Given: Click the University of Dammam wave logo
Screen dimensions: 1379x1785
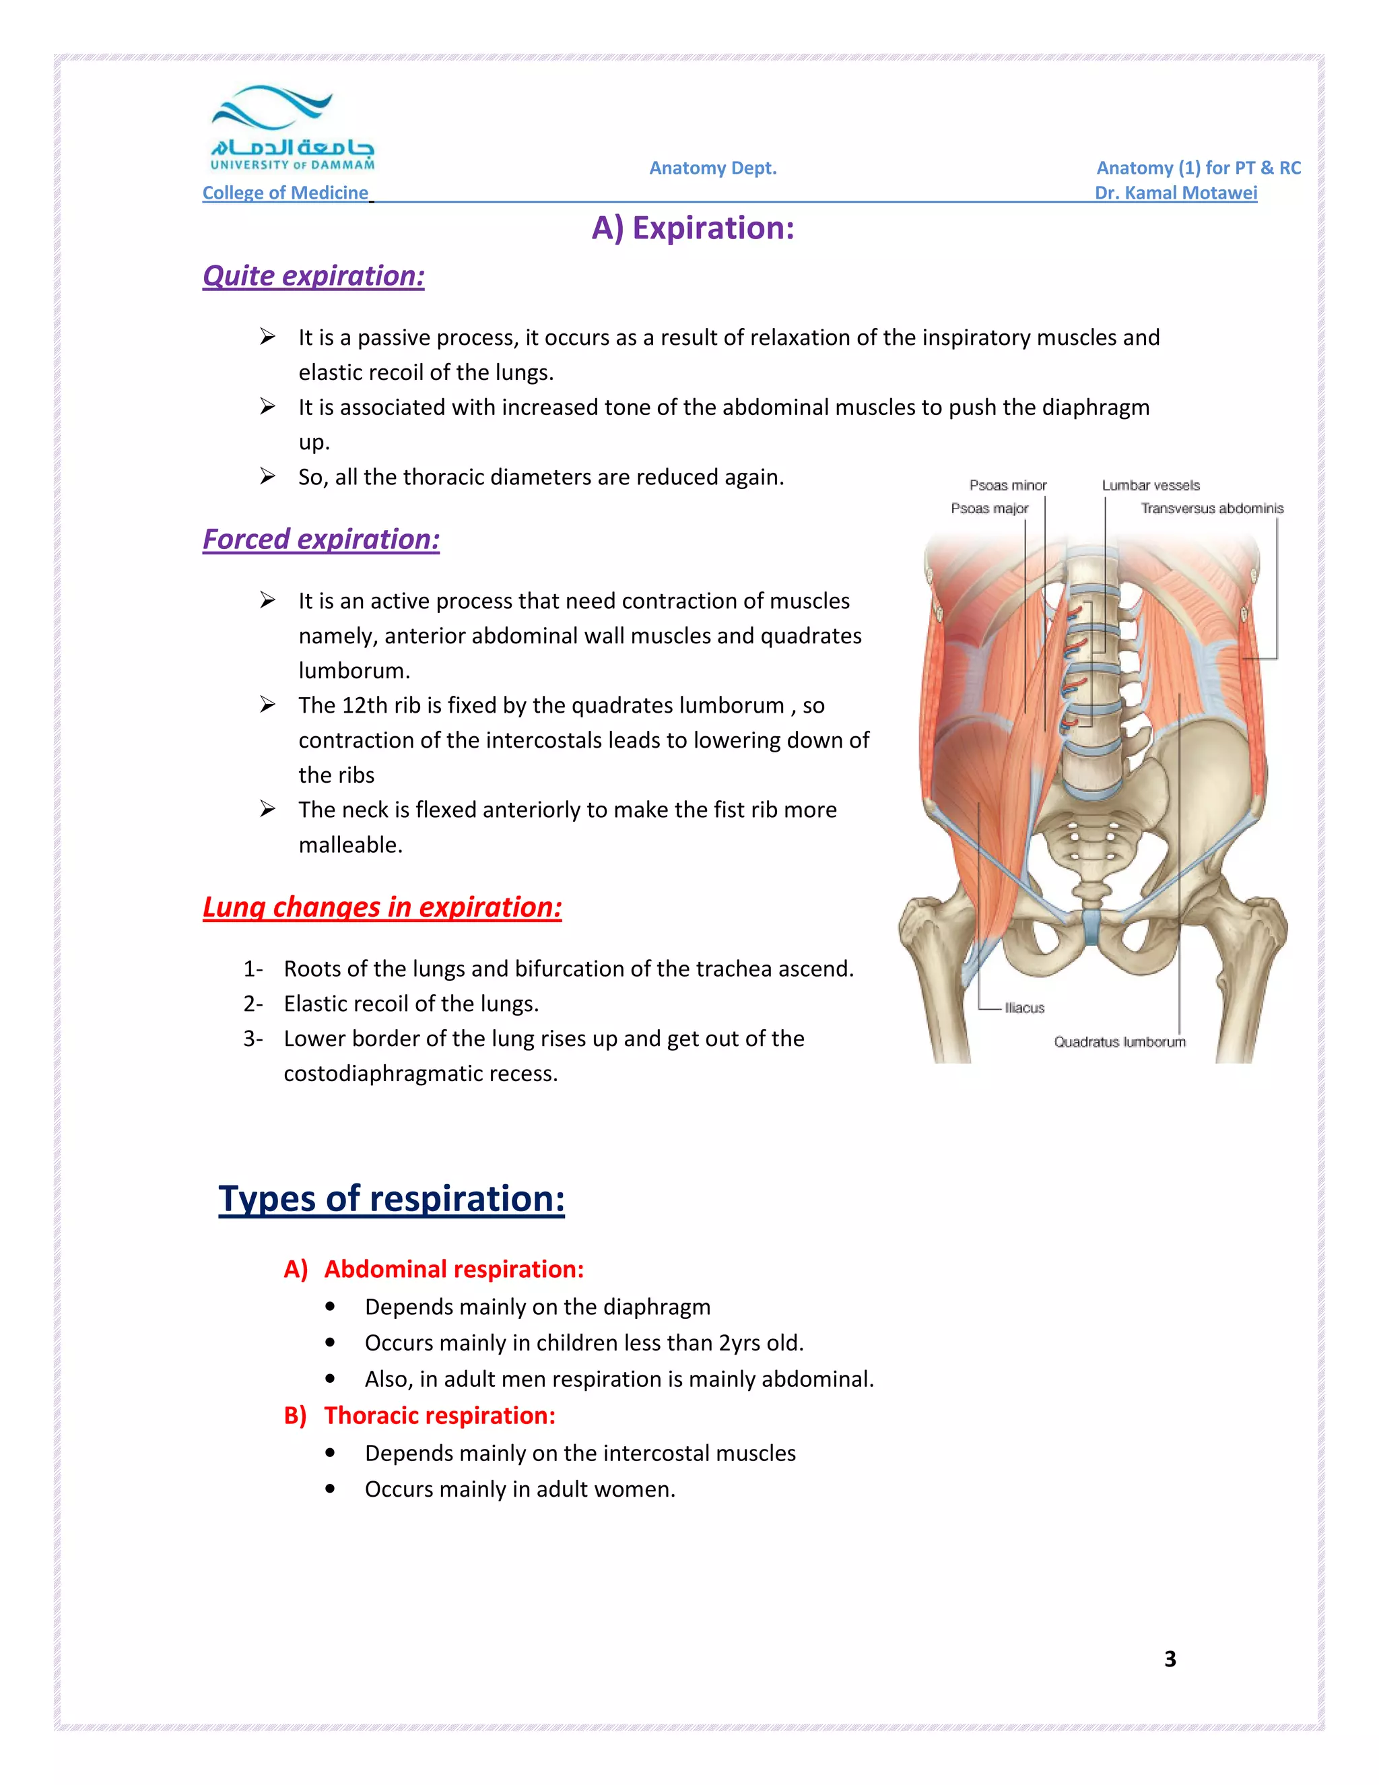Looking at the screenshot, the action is pos(273,107).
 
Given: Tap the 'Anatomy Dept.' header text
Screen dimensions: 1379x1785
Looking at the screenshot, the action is pos(712,168).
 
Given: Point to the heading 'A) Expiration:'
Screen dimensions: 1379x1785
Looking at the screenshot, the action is pos(693,228).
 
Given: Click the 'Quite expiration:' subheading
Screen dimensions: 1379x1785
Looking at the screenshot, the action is pos(313,276).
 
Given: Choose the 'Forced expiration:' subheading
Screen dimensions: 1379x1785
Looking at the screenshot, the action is pos(321,540).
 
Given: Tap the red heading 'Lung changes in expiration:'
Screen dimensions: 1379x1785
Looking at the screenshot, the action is pos(382,907).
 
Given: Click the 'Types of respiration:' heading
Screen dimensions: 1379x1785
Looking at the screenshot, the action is pos(391,1199).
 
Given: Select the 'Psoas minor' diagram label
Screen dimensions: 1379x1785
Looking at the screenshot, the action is pos(1007,486).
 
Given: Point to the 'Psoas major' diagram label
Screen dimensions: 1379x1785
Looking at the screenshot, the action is pos(988,509).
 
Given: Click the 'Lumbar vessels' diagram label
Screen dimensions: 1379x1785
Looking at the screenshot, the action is pos(1150,486).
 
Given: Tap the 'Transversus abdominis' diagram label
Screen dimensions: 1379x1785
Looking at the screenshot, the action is pos(1211,509).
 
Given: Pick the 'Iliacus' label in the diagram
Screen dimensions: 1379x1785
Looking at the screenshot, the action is pos(1024,1008).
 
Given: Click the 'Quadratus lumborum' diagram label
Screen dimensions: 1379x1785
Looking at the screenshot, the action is pos(1119,1042).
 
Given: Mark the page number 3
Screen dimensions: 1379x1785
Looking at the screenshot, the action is pos(1170,1659).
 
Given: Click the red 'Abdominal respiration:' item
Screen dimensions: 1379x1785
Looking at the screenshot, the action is pos(453,1269).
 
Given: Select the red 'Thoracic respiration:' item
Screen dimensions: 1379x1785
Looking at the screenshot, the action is pos(440,1416).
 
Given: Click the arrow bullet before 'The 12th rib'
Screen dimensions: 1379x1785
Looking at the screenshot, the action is pos(267,705).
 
